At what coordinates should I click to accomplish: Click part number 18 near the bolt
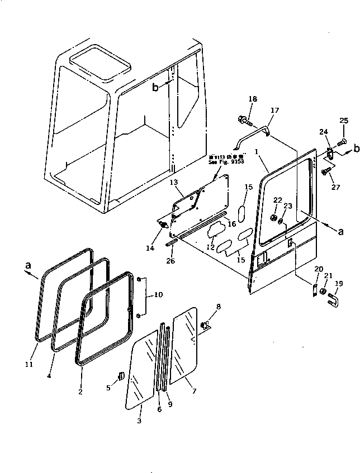click(253, 99)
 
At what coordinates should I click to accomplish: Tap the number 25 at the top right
click(344, 121)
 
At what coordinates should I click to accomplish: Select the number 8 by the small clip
click(219, 306)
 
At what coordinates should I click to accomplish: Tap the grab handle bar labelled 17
click(252, 133)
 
